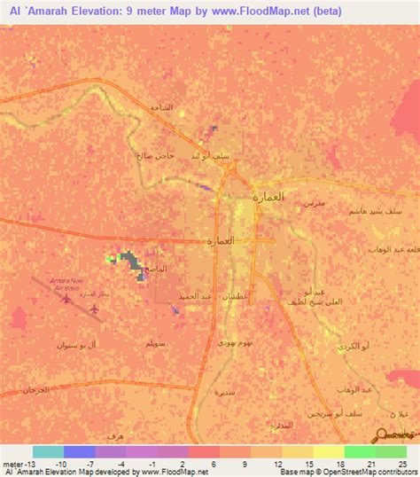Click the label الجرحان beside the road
(x=34, y=390)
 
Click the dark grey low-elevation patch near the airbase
(x=132, y=261)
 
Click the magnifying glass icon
(x=383, y=434)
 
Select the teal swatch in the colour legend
(x=48, y=451)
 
